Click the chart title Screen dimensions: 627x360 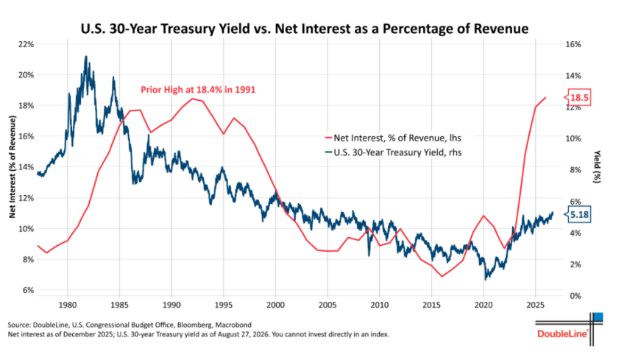click(305, 29)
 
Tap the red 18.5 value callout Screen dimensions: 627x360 click(577, 98)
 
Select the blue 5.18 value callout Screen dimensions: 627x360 click(577, 215)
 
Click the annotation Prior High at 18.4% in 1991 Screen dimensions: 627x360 click(198, 90)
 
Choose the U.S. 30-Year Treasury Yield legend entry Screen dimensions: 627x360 click(393, 152)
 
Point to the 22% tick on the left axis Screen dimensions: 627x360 click(26, 44)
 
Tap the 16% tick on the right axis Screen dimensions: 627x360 click(573, 44)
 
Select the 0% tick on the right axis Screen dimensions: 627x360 click(575, 296)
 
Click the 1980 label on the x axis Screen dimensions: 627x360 click(67, 306)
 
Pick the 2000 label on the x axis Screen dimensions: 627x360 click(275, 306)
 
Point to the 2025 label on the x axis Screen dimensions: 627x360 click(535, 306)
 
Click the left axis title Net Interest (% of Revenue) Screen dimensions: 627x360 click(13, 167)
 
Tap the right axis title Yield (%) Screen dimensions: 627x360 click(598, 166)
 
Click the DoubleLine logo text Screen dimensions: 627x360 click(563, 333)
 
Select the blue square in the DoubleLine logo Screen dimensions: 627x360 click(598, 317)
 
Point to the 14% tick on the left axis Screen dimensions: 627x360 click(26, 167)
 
